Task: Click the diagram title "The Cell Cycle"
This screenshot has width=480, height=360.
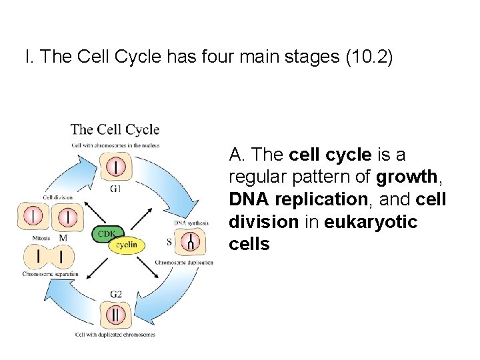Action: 115,129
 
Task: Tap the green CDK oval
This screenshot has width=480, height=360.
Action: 106,234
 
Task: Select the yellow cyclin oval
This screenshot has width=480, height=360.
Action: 126,245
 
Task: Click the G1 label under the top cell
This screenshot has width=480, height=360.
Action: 116,188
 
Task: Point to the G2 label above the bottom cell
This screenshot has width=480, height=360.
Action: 115,293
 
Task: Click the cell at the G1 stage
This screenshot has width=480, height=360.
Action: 116,166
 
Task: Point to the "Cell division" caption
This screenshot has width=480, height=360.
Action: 58,197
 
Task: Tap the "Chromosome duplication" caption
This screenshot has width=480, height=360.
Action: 183,263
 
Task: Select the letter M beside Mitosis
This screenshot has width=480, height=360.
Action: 63,238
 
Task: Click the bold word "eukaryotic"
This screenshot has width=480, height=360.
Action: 371,221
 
